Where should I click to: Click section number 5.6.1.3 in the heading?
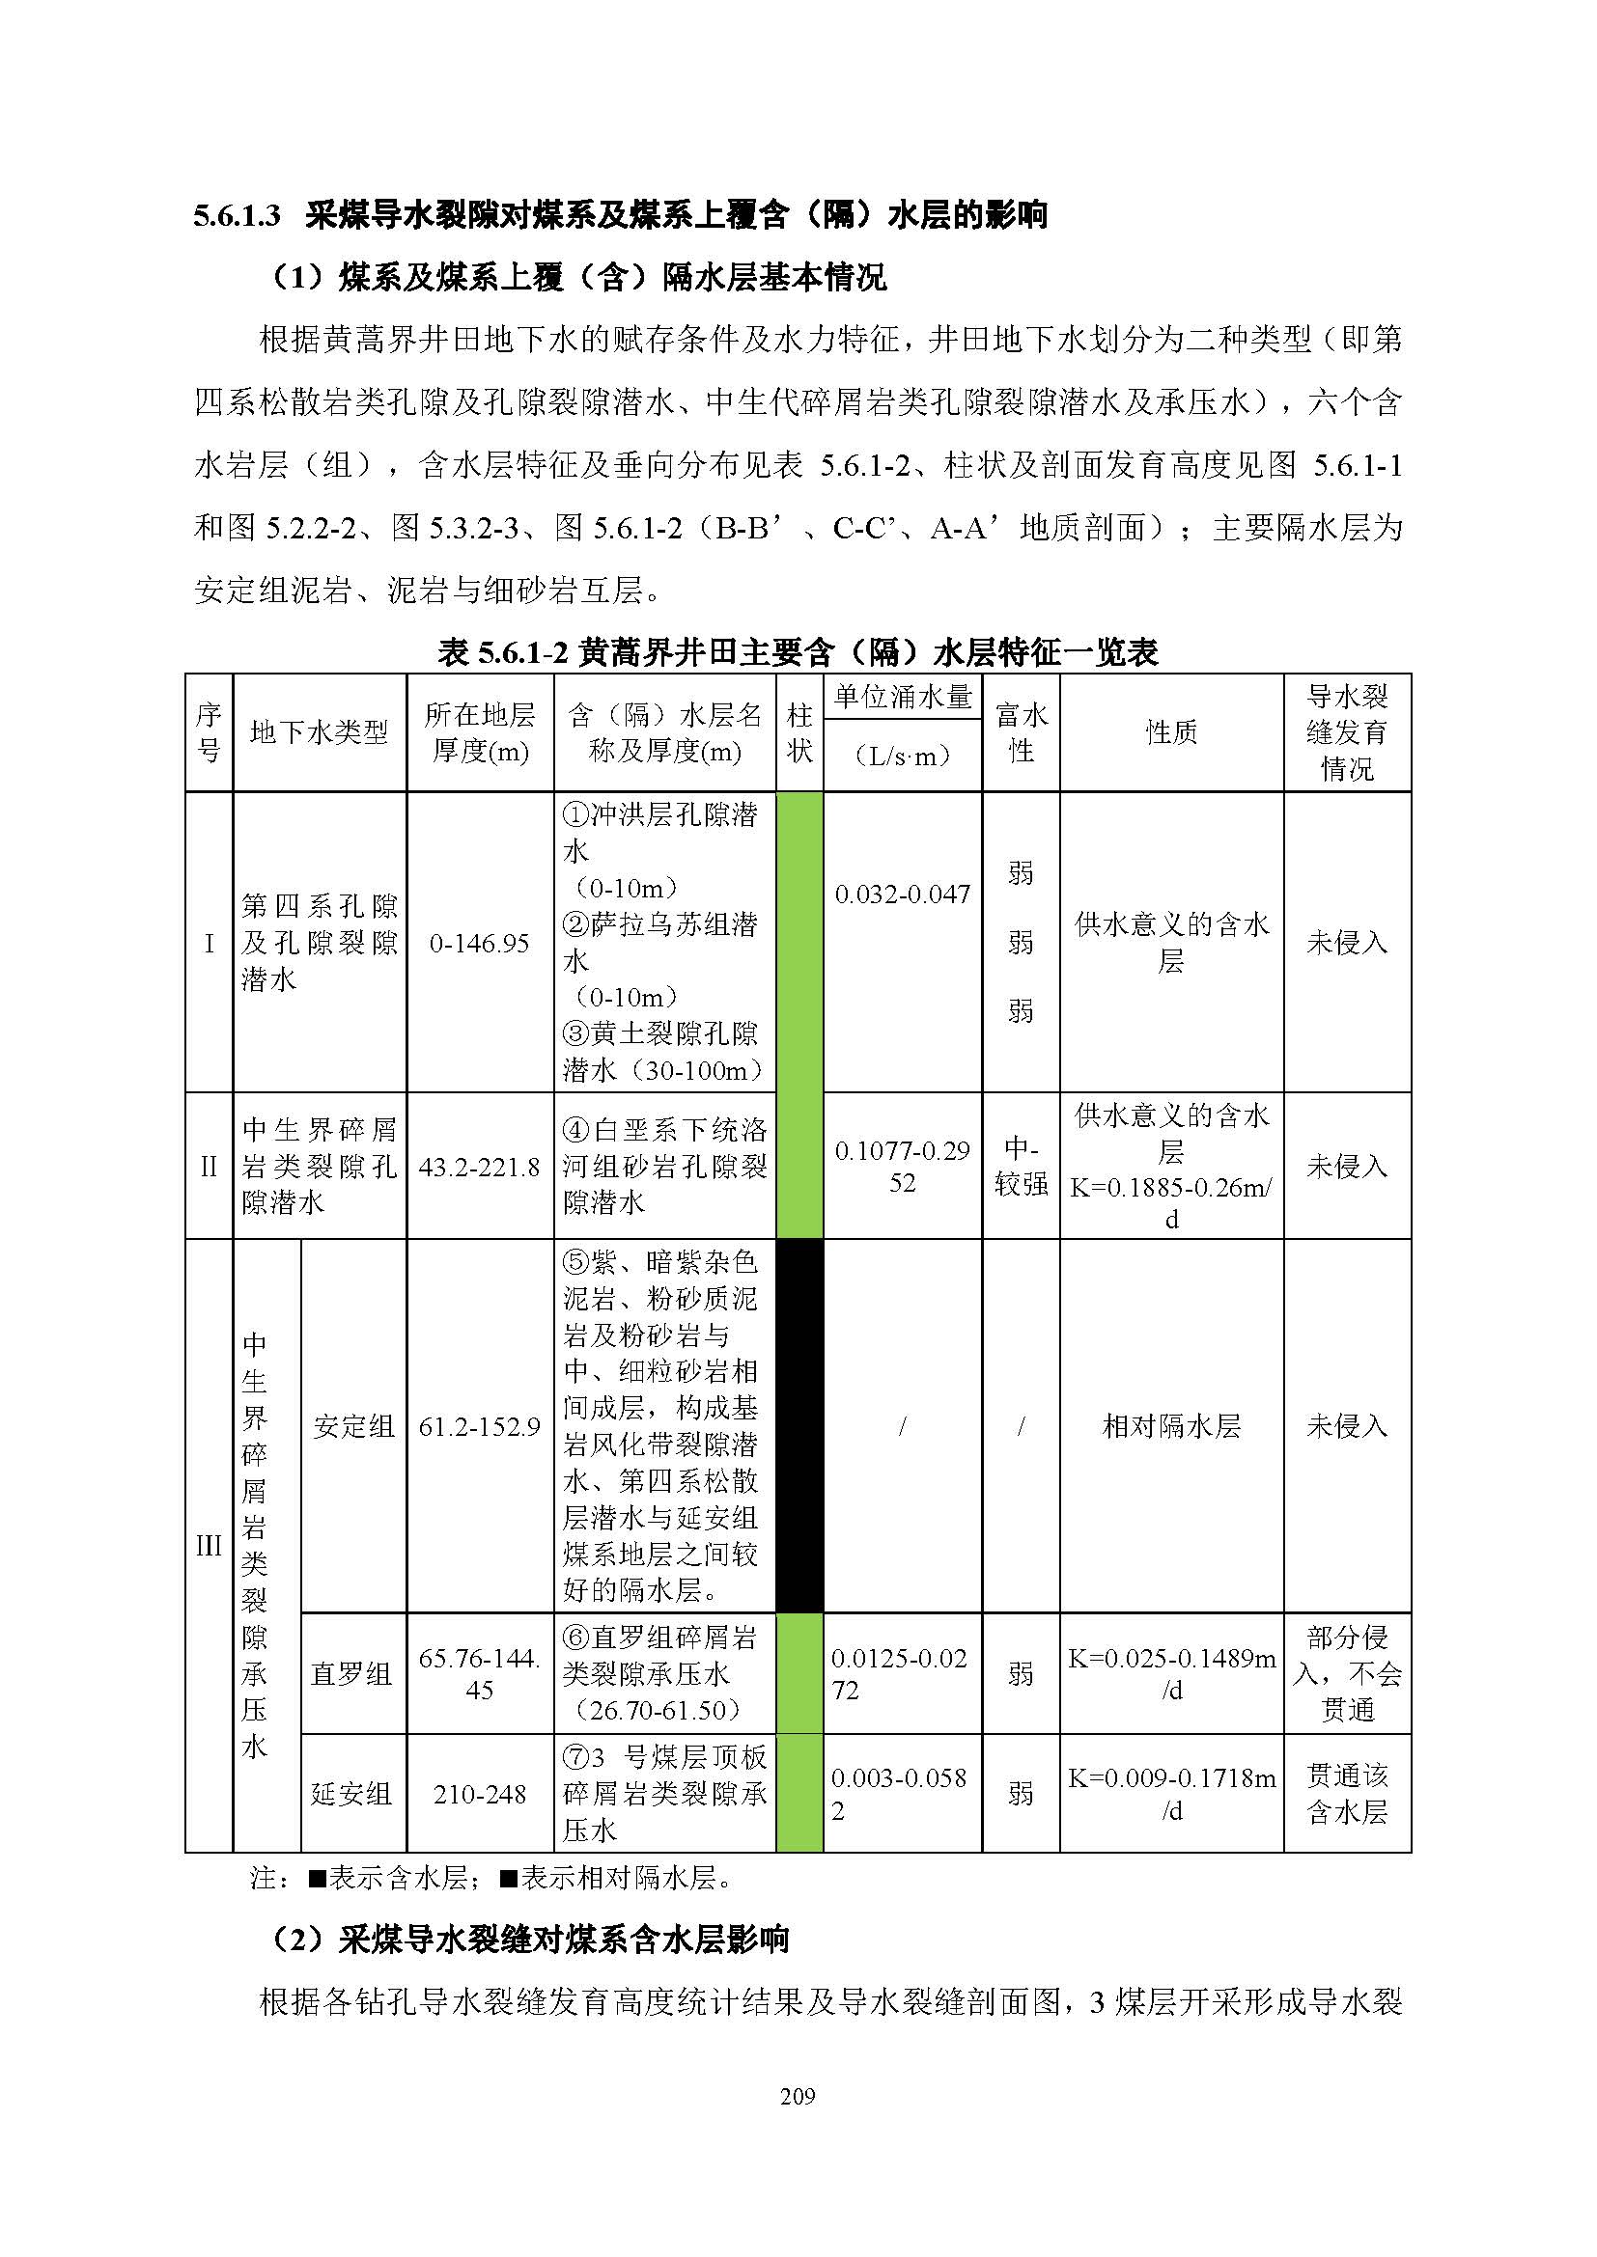[237, 215]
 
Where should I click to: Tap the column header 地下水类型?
[319, 732]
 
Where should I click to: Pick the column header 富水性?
[1020, 732]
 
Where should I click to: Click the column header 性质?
[1170, 732]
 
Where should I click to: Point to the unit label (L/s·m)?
[902, 755]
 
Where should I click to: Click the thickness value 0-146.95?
[479, 944]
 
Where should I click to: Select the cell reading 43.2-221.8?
[479, 1167]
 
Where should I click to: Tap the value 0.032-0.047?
[902, 895]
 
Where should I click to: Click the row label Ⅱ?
[209, 1167]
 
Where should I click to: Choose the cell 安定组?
[353, 1426]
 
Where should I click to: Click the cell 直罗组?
[351, 1674]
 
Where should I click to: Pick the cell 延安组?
[351, 1794]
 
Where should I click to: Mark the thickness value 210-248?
[479, 1794]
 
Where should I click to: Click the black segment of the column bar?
[798, 1425]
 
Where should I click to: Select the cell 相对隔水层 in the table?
[1170, 1426]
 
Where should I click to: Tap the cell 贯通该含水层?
[1346, 1793]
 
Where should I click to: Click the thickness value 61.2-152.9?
[479, 1426]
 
